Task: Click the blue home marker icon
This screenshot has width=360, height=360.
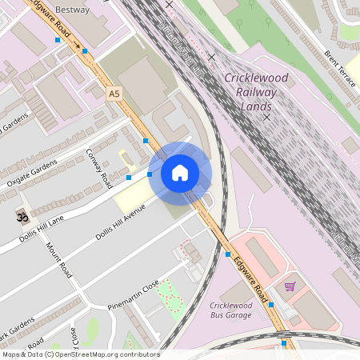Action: click(x=180, y=172)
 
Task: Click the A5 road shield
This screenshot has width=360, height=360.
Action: click(x=114, y=94)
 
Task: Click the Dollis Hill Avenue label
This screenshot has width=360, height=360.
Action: click(x=120, y=223)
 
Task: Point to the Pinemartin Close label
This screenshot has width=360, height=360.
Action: click(x=134, y=294)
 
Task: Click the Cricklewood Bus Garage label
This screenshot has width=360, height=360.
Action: click(x=230, y=310)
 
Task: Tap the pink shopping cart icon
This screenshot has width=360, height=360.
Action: click(x=290, y=286)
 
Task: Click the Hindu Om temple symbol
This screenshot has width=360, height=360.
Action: click(x=21, y=217)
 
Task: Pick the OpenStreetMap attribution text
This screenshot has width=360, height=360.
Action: click(x=80, y=354)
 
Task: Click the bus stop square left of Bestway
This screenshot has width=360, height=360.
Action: click(x=58, y=39)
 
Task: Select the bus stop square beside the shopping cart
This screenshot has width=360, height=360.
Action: click(x=272, y=305)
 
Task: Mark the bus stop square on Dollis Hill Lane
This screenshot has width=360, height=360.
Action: click(x=128, y=177)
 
